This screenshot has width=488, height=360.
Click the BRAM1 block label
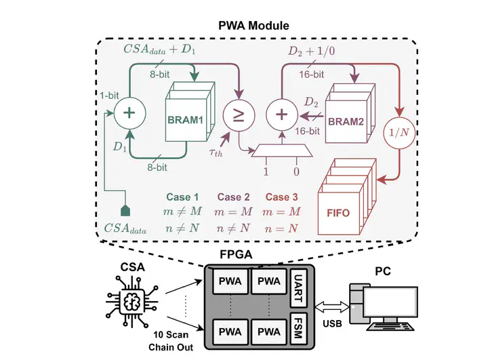185,120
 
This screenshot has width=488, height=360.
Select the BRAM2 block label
346,121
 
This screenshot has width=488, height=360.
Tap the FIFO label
338,213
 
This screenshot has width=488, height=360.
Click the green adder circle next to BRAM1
129,113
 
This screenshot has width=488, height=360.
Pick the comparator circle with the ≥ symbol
239,115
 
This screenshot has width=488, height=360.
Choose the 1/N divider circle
399,133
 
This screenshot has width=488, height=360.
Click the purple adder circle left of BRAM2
282,115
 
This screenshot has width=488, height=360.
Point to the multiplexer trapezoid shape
282,151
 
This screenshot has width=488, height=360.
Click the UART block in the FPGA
298,288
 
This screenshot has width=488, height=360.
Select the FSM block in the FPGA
298,329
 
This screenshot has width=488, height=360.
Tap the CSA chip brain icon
132,302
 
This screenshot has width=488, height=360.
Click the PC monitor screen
390,302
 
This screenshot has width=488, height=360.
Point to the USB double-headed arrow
331,306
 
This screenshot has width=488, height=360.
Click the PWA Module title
253,25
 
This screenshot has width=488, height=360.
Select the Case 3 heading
282,197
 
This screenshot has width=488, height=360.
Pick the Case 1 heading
182,197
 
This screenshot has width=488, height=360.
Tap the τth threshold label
216,153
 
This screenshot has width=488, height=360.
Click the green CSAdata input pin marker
125,210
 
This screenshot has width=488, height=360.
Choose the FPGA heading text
236,254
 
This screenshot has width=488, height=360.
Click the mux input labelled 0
296,172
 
